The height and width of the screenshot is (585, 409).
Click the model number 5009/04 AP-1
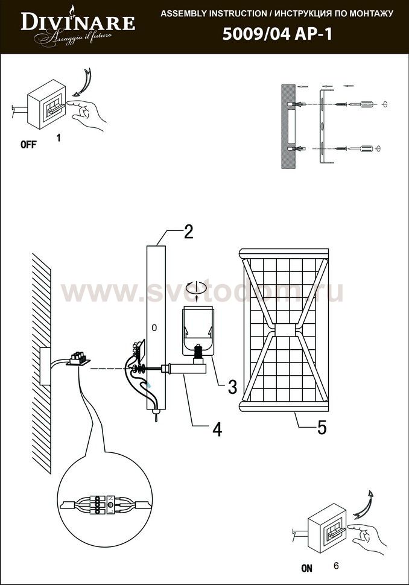click(x=277, y=34)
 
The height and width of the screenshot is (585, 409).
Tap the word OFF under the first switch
click(x=28, y=144)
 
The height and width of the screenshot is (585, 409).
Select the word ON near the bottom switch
click(x=306, y=568)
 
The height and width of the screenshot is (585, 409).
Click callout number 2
click(x=188, y=232)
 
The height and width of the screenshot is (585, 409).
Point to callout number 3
click(x=232, y=387)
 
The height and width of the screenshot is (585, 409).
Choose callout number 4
click(x=217, y=429)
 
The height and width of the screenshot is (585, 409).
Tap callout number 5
click(x=322, y=428)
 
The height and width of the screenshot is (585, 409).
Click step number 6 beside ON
click(x=336, y=566)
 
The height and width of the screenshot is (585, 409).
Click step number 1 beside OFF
click(x=59, y=138)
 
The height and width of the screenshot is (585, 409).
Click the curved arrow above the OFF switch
click(x=85, y=83)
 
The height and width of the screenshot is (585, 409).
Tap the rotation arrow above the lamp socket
click(x=197, y=288)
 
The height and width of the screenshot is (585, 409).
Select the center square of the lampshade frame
click(x=285, y=331)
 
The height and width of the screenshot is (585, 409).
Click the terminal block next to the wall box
click(x=78, y=358)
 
